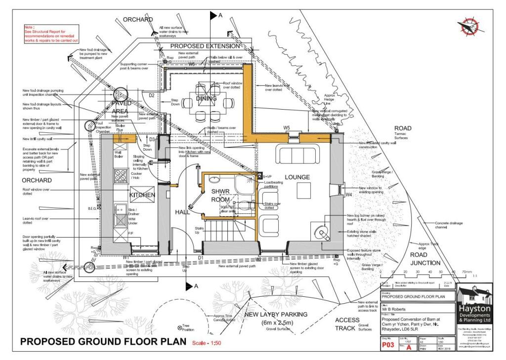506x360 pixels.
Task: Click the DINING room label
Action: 206,98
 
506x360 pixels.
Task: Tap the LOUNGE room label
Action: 297,177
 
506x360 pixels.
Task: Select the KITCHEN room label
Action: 142,195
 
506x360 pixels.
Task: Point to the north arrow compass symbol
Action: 466,28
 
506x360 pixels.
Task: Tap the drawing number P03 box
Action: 388,347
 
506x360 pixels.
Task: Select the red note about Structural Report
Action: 51,34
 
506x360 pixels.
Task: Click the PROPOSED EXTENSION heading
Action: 205,46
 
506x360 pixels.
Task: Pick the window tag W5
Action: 287,128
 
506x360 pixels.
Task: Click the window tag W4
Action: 348,195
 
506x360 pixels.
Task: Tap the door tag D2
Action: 152,95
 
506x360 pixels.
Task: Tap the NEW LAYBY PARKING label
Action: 276,314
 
